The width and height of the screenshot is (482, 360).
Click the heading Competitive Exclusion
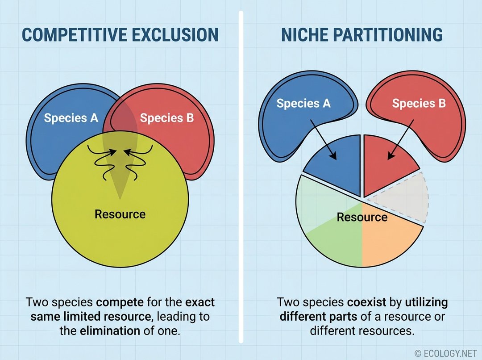tap(120, 35)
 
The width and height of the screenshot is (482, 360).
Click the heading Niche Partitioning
tap(361, 35)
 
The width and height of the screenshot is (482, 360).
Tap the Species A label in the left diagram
tap(71, 118)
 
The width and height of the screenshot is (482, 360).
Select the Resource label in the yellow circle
tap(120, 214)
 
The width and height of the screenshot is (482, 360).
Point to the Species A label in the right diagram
tap(303, 104)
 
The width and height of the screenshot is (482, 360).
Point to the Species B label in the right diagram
tap(419, 104)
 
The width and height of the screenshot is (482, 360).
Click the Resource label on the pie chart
tap(362, 218)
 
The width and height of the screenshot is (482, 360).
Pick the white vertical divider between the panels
tap(241, 179)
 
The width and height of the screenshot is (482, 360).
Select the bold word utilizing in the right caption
tap(426, 302)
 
